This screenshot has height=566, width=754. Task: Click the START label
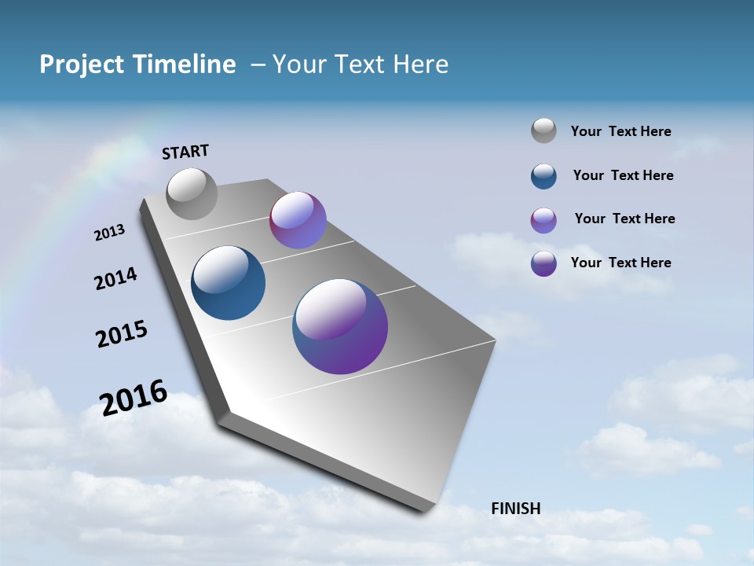click(185, 152)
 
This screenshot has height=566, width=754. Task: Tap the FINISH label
click(515, 509)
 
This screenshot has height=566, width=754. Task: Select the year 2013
click(110, 233)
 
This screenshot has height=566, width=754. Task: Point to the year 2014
click(115, 278)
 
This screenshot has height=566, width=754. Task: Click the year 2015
click(122, 334)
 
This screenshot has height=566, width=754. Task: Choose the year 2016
click(134, 397)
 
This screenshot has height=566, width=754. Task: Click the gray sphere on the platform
click(192, 193)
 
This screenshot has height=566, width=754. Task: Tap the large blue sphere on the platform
click(229, 283)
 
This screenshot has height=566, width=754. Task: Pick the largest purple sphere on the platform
click(340, 325)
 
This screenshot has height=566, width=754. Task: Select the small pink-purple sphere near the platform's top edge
click(298, 220)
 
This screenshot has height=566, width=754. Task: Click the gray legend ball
click(544, 131)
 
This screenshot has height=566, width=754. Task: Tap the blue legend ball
click(544, 176)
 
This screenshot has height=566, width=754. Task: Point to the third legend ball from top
click(544, 220)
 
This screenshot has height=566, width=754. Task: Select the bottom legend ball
click(544, 263)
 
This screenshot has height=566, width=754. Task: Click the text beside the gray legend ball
click(620, 132)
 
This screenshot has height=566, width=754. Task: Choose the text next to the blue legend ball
click(623, 175)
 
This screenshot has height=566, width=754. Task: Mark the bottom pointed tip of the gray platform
click(424, 509)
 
